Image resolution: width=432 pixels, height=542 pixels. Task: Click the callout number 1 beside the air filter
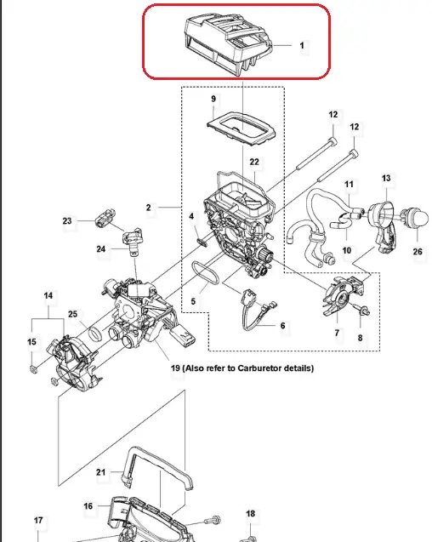tap(302, 46)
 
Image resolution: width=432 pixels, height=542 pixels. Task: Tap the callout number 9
tap(213, 100)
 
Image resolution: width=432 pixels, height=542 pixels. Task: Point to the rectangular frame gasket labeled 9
tap(242, 129)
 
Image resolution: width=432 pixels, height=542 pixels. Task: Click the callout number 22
tap(254, 163)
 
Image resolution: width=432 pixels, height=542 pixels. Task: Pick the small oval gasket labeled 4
tap(202, 242)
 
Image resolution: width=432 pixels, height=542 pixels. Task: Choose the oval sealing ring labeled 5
tap(205, 273)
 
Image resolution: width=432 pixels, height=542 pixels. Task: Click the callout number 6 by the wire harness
tap(282, 326)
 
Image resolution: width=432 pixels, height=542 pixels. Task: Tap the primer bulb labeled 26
tap(418, 218)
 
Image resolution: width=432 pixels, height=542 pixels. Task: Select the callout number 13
tap(386, 179)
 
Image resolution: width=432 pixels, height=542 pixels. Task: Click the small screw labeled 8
tap(362, 309)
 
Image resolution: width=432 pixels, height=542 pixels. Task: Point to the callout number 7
tap(337, 333)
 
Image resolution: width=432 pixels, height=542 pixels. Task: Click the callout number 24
tap(101, 248)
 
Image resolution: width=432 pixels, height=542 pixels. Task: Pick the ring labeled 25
tap(95, 334)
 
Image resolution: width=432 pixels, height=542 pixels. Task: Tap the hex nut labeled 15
tap(33, 369)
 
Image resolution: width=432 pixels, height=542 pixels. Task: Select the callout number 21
tap(100, 472)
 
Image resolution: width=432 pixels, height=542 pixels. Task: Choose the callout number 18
tap(251, 514)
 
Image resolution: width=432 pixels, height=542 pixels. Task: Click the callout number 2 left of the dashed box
tap(148, 208)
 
